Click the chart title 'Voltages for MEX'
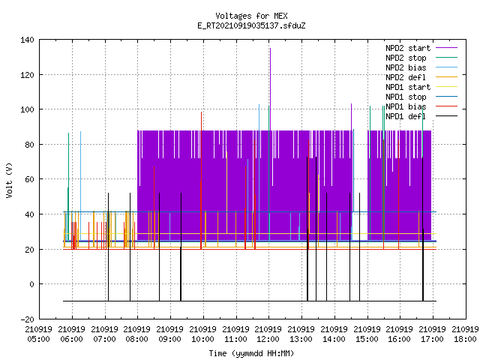pos(251,16)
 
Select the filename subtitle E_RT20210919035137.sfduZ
pos(251,25)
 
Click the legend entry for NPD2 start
pos(421,48)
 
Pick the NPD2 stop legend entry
pos(421,58)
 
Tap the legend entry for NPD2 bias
pos(421,67)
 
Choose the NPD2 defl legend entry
pos(421,77)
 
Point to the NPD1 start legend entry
pos(421,87)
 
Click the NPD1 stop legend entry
pos(421,97)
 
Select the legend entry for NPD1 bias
pos(421,106)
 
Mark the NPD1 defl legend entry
pos(421,117)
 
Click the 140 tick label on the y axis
pos(27,40)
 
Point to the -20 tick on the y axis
pos(27,319)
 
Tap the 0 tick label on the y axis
pos(31,284)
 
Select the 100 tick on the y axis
pos(27,109)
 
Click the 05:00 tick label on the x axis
pos(38,334)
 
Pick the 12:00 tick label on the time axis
pos(268,334)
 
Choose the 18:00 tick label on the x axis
pos(465,334)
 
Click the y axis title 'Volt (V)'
pos(9,181)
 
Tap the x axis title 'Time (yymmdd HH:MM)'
pos(251,353)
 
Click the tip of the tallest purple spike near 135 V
pos(270,48)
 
